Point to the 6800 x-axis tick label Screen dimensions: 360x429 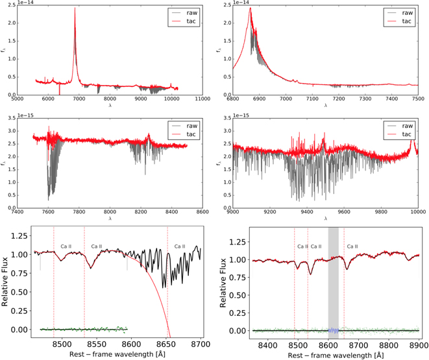click(x=230, y=101)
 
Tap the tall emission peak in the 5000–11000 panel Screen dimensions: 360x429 click(x=75, y=10)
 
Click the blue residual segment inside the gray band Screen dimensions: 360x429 click(x=333, y=330)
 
